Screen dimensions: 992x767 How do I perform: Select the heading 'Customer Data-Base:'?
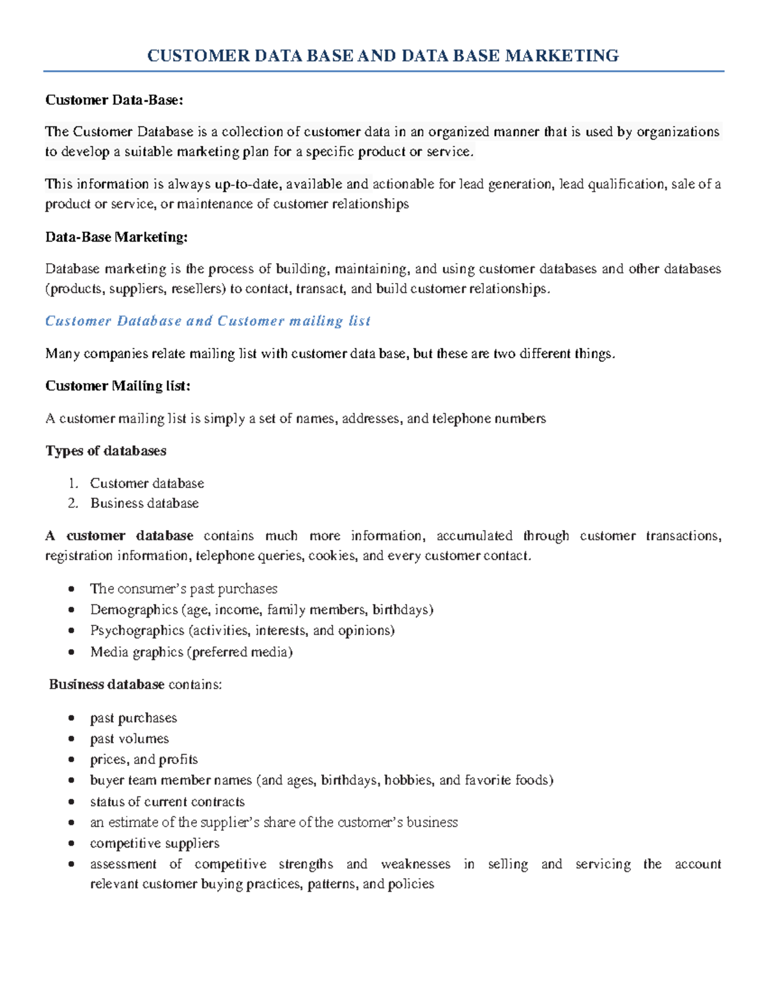coord(114,100)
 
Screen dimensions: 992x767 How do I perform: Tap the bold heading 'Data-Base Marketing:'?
coord(116,238)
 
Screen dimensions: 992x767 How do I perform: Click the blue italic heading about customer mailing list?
coord(208,321)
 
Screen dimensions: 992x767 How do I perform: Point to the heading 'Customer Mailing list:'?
coord(118,386)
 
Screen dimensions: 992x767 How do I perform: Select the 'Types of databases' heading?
coord(105,451)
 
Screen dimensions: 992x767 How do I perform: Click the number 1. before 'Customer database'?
coord(73,484)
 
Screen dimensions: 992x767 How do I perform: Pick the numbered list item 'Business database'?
coord(144,503)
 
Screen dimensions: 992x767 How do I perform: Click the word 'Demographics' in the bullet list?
coord(134,610)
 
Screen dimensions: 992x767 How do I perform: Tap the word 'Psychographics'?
coord(137,631)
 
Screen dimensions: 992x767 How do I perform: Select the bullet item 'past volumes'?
coord(129,739)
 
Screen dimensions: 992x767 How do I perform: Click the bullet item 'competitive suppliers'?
coord(155,844)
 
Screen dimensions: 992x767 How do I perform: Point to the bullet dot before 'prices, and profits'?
coord(72,760)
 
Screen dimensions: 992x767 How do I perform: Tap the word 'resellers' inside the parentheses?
coord(198,289)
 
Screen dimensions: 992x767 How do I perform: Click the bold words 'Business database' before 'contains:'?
coord(107,685)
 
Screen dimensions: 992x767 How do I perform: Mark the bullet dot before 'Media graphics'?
coord(72,653)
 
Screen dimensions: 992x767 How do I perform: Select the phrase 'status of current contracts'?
coord(167,802)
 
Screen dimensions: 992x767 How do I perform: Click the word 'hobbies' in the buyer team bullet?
coord(408,781)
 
